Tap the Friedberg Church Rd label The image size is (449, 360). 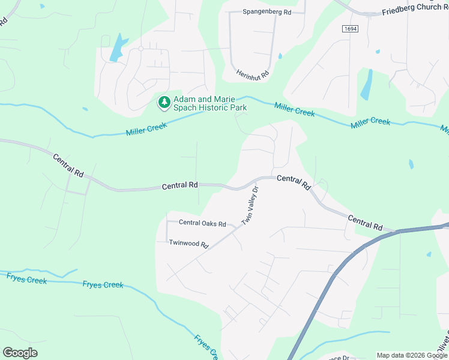click(x=415, y=12)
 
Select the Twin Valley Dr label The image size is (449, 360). click(x=250, y=206)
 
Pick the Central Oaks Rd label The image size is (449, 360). click(x=202, y=223)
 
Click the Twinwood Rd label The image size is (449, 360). click(x=188, y=244)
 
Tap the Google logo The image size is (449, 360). click(x=20, y=352)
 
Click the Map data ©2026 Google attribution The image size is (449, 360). click(x=411, y=355)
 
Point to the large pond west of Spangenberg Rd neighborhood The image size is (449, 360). click(x=118, y=48)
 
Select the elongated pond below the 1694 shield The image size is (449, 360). click(x=366, y=85)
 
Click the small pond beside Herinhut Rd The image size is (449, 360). click(x=280, y=56)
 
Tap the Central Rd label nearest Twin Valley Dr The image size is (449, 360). click(x=293, y=181)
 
